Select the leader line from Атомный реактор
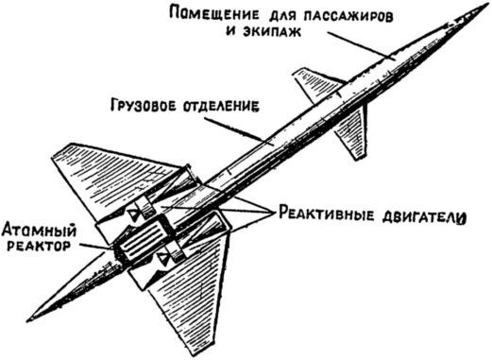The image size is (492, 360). click(94, 246)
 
